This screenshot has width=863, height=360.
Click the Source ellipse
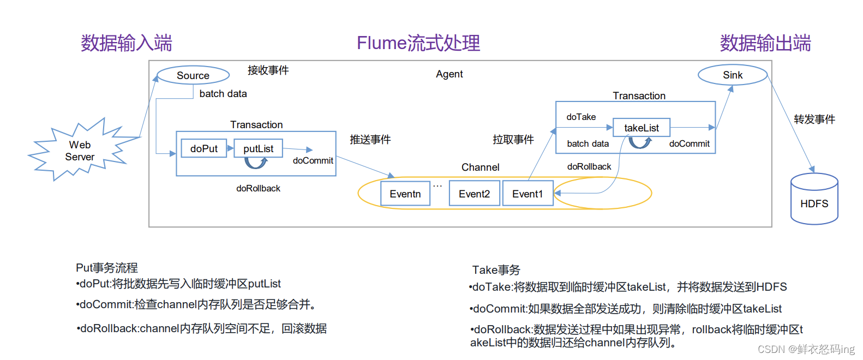point(193,75)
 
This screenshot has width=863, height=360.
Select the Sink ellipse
point(733,75)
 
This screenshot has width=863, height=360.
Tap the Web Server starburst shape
point(80,151)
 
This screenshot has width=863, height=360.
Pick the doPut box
point(203,148)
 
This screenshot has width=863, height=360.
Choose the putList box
point(258,148)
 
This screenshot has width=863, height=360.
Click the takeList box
point(641,128)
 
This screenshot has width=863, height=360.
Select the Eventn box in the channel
point(405,194)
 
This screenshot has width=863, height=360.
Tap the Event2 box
point(474,194)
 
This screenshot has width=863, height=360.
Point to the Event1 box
point(528,194)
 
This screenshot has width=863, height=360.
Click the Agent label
point(449,74)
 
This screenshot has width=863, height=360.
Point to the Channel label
point(480,167)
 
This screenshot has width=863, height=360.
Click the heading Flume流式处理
point(418,43)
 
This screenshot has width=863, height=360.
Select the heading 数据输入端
point(127,43)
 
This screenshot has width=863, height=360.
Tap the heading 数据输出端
point(765,43)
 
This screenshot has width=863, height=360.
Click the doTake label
point(581,117)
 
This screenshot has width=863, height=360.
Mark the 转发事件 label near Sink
point(814,119)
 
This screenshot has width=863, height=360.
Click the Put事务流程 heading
point(107,268)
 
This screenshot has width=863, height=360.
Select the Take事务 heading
point(496,270)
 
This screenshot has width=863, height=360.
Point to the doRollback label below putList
point(258,188)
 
